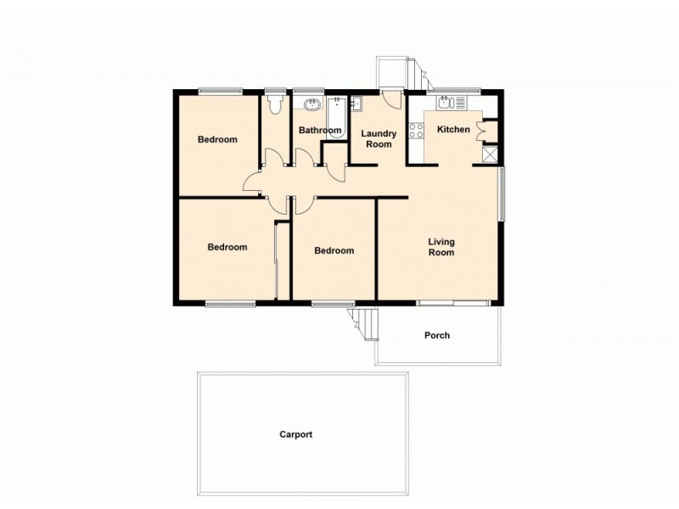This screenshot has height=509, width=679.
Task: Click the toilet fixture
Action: pyautogui.click(x=273, y=104)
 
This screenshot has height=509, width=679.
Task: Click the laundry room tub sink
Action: pyautogui.click(x=357, y=104)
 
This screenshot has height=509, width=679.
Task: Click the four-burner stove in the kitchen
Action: pyautogui.click(x=418, y=131)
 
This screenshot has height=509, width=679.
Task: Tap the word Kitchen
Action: pyautogui.click(x=453, y=130)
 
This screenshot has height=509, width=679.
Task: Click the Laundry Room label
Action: pyautogui.click(x=379, y=139)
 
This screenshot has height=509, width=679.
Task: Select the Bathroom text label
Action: pyautogui.click(x=320, y=131)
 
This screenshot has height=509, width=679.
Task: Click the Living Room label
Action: pyautogui.click(x=441, y=246)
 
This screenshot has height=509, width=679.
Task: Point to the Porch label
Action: pyautogui.click(x=437, y=335)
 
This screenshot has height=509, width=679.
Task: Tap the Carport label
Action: pyautogui.click(x=296, y=434)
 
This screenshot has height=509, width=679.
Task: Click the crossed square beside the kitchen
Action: pyautogui.click(x=490, y=154)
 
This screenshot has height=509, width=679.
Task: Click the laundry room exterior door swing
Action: pyautogui.click(x=391, y=98)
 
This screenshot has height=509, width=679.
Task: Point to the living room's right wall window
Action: pyautogui.click(x=502, y=194)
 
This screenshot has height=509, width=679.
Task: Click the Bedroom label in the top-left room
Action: pyautogui.click(x=217, y=140)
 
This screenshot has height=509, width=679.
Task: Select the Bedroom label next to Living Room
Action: pyautogui.click(x=334, y=250)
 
